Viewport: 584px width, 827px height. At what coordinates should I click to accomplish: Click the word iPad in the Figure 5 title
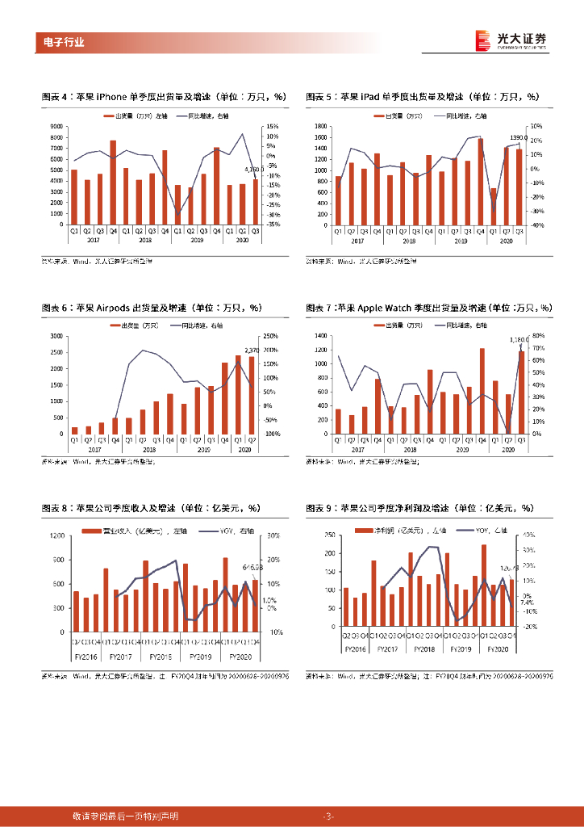pyautogui.click(x=373, y=97)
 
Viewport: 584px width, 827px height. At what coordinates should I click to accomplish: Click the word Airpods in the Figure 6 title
pyautogui.click(x=119, y=308)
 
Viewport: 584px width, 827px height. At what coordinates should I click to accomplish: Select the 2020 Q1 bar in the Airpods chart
pyautogui.click(x=238, y=394)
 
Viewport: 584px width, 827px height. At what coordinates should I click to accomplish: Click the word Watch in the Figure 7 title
pyautogui.click(x=400, y=308)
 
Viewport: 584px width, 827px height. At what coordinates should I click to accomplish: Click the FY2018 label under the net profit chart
pyautogui.click(x=426, y=649)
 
